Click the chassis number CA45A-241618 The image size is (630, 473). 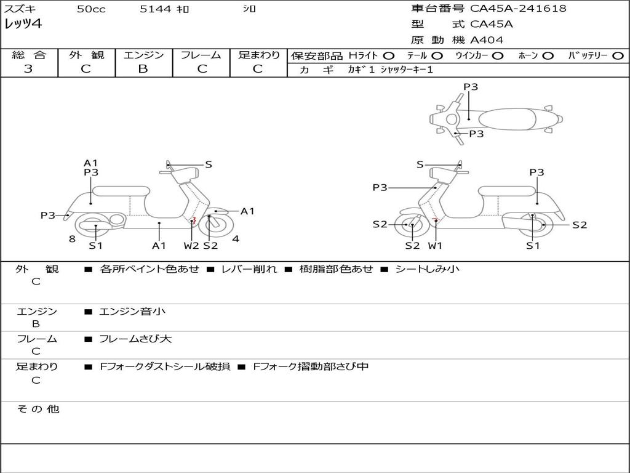518,9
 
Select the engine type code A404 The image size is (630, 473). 487,40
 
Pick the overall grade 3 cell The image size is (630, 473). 28,69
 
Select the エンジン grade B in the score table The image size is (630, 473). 143,69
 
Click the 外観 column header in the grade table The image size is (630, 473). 86,55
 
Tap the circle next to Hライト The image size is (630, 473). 389,55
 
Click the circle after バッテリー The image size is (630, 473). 617,55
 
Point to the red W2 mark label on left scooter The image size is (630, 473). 191,246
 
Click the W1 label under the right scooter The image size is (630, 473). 435,246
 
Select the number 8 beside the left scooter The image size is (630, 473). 72,239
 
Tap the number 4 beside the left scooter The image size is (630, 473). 236,239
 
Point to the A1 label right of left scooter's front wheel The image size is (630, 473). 247,211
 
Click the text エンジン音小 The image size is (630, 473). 132,312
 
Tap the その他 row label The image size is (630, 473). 38,409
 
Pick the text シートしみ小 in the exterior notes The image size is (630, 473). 427,269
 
